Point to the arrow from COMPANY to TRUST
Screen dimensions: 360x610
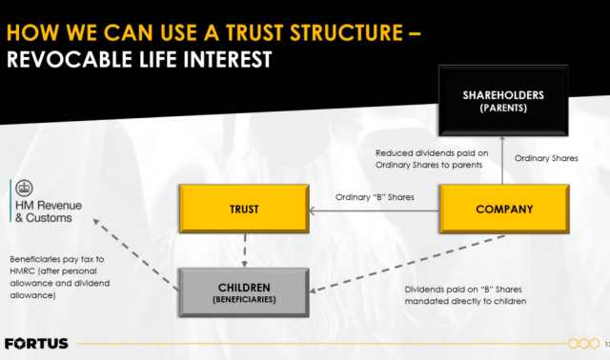point(372,210)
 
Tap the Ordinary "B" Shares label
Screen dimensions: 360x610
point(376,197)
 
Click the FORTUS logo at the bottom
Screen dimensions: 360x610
point(36,342)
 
